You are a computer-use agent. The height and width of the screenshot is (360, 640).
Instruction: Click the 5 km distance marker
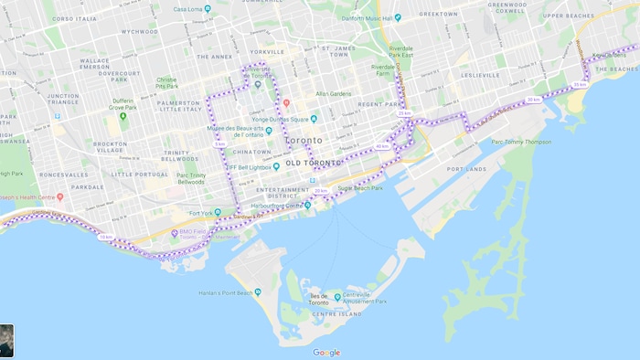coord(219,143)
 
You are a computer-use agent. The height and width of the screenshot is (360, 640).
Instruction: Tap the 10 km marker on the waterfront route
coord(107,237)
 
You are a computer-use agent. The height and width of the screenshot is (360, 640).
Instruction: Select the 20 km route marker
coord(321,191)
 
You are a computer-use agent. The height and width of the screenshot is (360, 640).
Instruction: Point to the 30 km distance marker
coord(533,100)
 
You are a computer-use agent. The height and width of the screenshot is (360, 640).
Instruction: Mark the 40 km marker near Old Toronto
coord(382,146)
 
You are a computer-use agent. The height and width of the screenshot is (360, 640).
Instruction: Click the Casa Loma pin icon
coord(208,9)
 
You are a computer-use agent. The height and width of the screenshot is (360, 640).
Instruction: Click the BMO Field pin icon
coord(175,233)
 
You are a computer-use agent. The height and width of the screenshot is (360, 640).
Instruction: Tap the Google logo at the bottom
coord(326,353)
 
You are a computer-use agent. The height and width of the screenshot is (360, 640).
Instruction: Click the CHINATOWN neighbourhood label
coord(252,151)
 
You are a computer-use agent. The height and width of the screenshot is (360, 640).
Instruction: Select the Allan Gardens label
coord(334,93)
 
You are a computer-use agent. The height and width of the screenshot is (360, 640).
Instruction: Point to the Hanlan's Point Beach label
coord(227,292)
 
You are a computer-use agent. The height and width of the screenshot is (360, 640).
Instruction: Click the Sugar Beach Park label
coord(360,188)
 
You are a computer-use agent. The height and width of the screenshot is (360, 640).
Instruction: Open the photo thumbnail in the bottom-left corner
coord(6,340)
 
